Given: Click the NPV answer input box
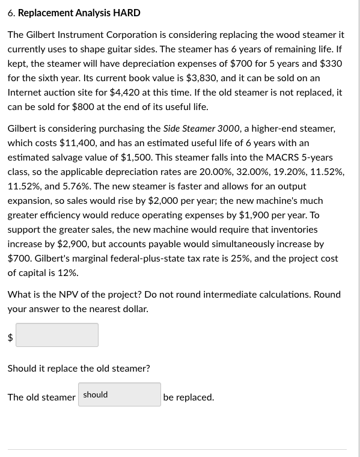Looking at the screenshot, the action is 57,335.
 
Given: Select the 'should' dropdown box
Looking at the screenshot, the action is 119,395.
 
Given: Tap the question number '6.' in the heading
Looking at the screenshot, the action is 11,13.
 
